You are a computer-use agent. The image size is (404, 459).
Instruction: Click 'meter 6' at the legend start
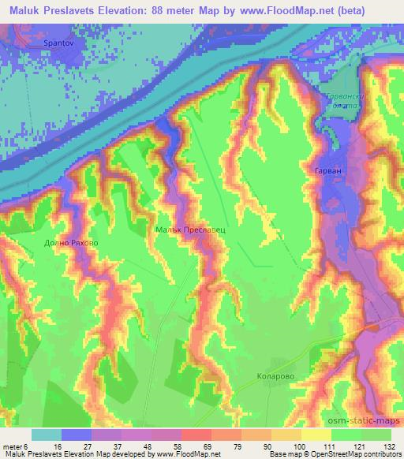[17, 446]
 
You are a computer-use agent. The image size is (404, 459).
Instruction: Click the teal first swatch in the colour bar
[47, 435]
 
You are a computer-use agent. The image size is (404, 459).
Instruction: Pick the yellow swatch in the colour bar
[316, 435]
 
